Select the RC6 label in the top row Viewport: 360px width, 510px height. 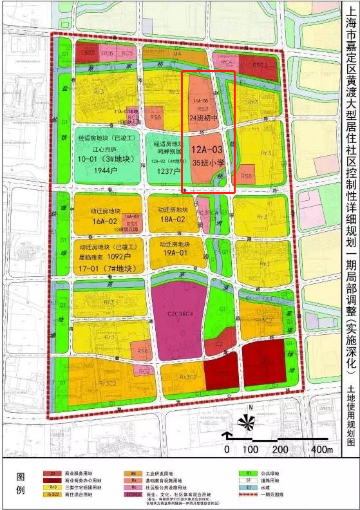click(108, 53)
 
